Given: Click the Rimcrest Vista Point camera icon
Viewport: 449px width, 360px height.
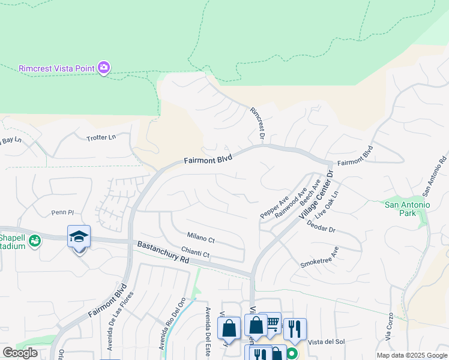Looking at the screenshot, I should pos(104,68).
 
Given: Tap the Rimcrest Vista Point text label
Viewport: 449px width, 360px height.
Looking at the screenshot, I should pos(56,68).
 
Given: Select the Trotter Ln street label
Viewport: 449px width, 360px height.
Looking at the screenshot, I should pos(101,137).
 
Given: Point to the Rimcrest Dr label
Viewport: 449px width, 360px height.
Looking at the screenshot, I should pos(258,122).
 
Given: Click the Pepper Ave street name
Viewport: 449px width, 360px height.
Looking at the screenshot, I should pos(275,206).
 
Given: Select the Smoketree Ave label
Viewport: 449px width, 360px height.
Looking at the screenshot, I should pos(320,257).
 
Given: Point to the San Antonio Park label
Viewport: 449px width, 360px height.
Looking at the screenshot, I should pos(408,209).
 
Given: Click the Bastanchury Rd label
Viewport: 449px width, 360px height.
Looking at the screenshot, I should pos(163,253).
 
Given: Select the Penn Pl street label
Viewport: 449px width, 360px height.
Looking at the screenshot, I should pos(62,212).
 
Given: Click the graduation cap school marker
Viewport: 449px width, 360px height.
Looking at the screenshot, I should pos(79,237).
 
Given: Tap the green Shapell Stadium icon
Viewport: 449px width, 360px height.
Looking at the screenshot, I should pos(35,241).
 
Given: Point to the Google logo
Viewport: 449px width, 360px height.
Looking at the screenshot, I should pos(20,353).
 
